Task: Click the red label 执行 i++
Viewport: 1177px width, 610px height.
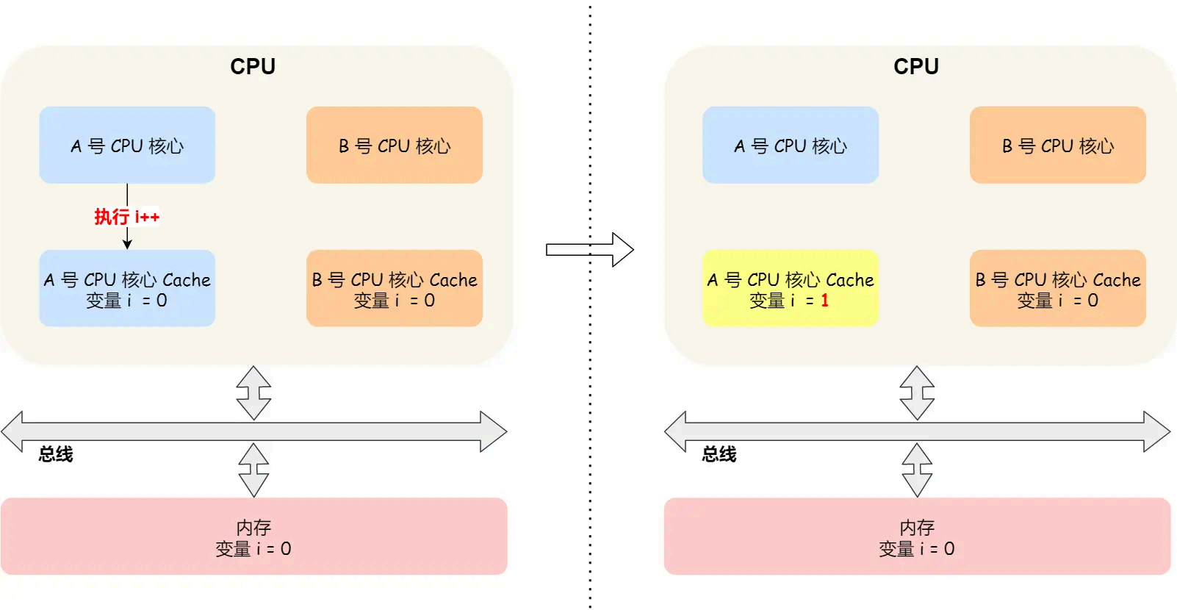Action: (x=126, y=217)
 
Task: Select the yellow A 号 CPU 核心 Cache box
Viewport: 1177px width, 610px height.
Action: (x=790, y=288)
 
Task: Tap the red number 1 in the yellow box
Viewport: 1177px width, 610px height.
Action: (x=824, y=301)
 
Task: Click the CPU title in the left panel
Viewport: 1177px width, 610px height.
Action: (x=253, y=67)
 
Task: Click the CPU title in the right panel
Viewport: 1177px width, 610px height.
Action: (x=915, y=67)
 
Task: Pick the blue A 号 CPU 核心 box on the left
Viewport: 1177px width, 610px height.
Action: (x=127, y=145)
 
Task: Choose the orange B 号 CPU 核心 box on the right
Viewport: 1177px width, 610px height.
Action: (x=1057, y=145)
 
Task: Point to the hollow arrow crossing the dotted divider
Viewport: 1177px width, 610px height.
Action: (x=590, y=250)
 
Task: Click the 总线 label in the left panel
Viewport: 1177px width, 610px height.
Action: (x=56, y=454)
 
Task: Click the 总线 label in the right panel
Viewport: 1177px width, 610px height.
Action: (x=719, y=454)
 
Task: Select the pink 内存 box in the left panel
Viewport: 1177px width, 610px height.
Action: (x=253, y=537)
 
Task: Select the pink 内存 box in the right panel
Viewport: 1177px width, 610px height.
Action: (x=917, y=537)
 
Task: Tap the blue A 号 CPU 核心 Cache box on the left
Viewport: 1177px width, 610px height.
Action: (x=127, y=288)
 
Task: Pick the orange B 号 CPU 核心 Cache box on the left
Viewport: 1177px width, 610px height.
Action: (x=394, y=288)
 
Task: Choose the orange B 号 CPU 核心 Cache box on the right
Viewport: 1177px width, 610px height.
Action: (x=1057, y=288)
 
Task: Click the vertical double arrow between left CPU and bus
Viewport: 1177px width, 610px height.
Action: (x=253, y=392)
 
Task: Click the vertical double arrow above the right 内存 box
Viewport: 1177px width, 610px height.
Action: (x=917, y=470)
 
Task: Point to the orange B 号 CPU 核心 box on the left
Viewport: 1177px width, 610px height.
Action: (x=394, y=145)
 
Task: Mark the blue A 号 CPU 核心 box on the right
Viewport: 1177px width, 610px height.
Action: (x=790, y=145)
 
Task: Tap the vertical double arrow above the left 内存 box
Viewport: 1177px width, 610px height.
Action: (x=253, y=470)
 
